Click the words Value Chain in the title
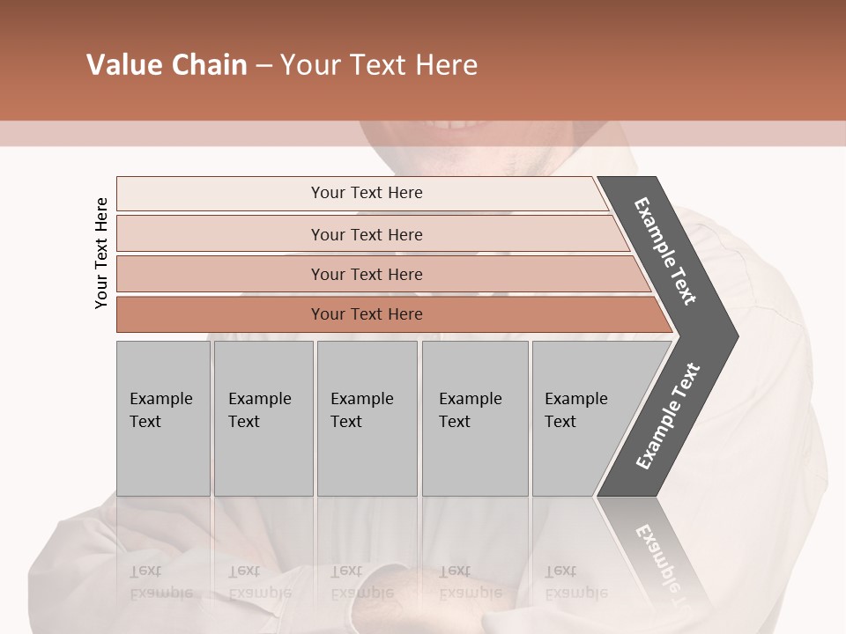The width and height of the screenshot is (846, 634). tap(167, 65)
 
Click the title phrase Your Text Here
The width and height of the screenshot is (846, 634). tap(379, 65)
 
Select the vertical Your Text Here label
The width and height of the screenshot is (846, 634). tap(101, 253)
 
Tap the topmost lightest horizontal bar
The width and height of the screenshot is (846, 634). tap(367, 193)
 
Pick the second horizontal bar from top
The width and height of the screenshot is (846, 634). tap(367, 234)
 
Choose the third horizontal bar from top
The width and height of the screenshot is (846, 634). tap(367, 274)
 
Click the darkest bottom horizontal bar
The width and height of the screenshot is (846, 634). tap(367, 314)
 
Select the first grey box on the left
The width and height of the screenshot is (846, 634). tap(163, 418)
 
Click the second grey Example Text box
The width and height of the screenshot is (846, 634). tap(263, 418)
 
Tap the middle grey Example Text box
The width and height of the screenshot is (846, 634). tap(367, 418)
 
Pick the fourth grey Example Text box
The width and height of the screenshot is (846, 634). tap(475, 418)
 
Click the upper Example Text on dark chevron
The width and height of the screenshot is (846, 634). tap(665, 251)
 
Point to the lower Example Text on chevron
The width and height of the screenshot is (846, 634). tap(668, 417)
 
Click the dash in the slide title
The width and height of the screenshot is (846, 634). tap(263, 66)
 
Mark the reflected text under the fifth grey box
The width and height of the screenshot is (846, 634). tap(575, 582)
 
